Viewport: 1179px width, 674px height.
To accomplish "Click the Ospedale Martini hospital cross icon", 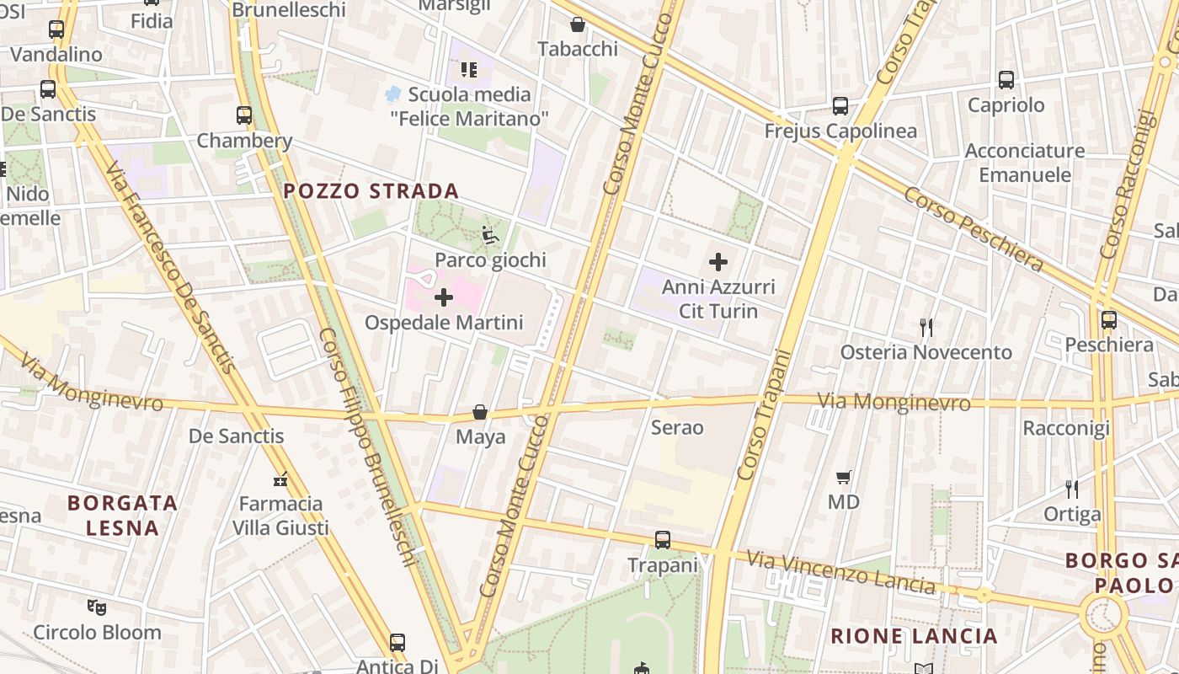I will coord(444,297).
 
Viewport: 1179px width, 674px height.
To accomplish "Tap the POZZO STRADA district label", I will coord(371,191).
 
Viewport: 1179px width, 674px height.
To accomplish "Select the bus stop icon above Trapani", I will coord(663,539).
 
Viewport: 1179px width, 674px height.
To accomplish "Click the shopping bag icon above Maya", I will coord(480,412).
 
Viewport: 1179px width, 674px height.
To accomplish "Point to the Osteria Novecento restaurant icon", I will coord(926,327).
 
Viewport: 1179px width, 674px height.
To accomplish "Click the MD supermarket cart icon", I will coord(844,477).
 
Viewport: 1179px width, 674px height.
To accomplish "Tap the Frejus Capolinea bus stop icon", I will coord(840,106).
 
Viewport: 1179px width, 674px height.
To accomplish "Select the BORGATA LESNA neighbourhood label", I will coord(123,516).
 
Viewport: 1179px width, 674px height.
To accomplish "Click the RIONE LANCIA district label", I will coord(914,636).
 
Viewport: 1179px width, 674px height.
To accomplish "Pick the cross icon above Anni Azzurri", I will coord(718,262).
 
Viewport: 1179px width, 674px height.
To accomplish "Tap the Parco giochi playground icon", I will coord(490,235).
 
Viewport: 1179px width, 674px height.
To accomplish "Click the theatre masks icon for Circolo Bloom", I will coord(97,606).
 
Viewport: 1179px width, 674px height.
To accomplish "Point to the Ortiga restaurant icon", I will coord(1072,489).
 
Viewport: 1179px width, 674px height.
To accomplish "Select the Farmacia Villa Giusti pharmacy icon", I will coord(280,479).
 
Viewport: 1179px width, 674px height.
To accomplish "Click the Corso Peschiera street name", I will coord(974,228).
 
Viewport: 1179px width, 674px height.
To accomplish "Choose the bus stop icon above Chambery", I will coord(244,115).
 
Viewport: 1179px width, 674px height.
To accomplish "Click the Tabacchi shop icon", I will coord(578,24).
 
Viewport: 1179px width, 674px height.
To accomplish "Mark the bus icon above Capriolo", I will coord(1006,80).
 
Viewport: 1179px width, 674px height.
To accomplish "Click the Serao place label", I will coord(677,427).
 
